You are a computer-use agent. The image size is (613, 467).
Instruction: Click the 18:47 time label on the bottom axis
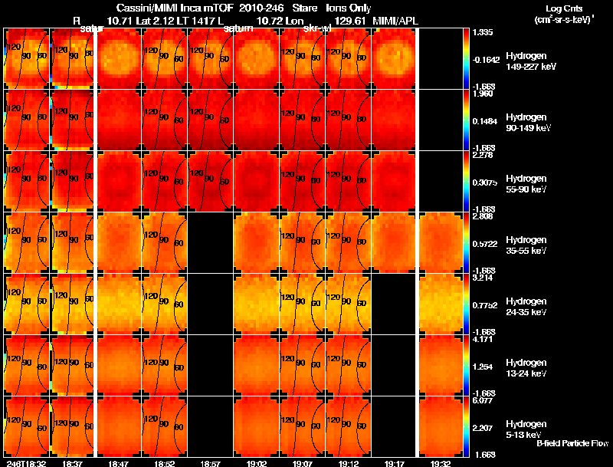118,463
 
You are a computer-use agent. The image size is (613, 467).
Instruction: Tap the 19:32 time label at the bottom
440,463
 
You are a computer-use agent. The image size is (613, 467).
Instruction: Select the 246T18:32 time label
25,463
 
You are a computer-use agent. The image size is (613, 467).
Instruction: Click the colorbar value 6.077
483,400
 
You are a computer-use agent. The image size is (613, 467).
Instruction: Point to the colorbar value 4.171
483,339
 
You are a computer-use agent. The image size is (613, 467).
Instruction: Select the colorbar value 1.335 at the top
483,33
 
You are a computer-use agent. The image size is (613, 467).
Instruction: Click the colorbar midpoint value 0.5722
483,243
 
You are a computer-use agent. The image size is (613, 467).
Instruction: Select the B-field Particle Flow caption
572,443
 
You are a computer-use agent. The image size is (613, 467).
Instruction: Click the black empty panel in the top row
440,58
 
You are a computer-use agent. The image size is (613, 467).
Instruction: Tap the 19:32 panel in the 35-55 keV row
440,242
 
